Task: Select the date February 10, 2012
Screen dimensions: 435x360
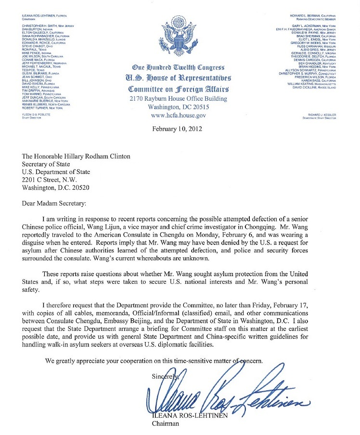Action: pyautogui.click(x=177, y=129)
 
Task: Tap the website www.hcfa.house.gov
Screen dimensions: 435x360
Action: pyautogui.click(x=179, y=116)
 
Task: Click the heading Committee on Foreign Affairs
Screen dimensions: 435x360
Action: pyautogui.click(x=179, y=89)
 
